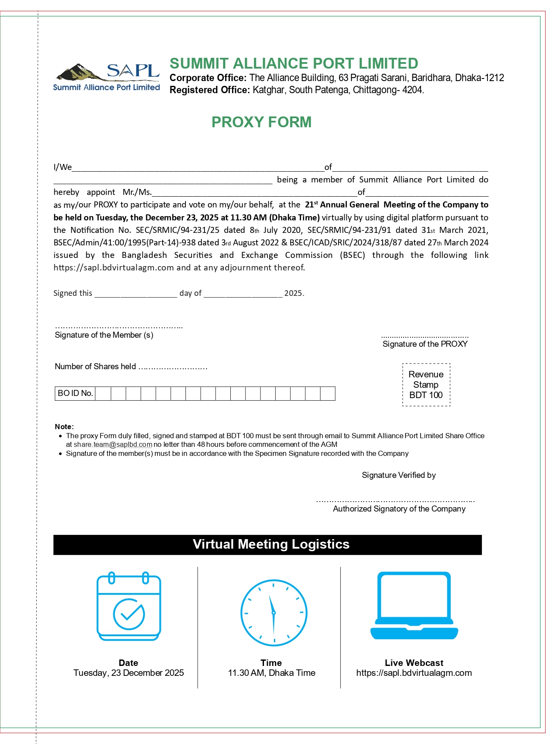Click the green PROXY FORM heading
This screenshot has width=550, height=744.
tap(261, 122)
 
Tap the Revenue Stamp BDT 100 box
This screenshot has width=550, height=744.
tap(426, 385)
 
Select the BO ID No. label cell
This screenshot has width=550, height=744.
tap(75, 393)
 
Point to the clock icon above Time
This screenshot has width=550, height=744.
tap(273, 612)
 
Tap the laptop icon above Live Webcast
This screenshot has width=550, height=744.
tap(414, 606)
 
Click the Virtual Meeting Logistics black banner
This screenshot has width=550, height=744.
tap(267, 544)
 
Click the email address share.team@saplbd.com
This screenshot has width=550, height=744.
tap(113, 445)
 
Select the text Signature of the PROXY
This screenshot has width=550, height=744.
tap(425, 344)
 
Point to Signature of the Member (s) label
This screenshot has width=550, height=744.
tap(104, 335)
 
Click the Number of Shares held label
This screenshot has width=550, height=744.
tap(95, 367)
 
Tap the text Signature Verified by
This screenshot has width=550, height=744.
tap(399, 475)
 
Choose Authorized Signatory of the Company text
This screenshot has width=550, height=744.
tap(399, 509)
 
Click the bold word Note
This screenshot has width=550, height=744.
tap(63, 427)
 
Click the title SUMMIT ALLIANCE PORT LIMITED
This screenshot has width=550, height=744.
tap(294, 63)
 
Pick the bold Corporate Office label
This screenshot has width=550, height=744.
tap(208, 78)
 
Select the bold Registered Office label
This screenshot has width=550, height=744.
tap(210, 90)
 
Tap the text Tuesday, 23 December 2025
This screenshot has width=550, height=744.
tap(129, 673)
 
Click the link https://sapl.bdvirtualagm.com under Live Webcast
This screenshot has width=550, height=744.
tap(414, 673)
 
